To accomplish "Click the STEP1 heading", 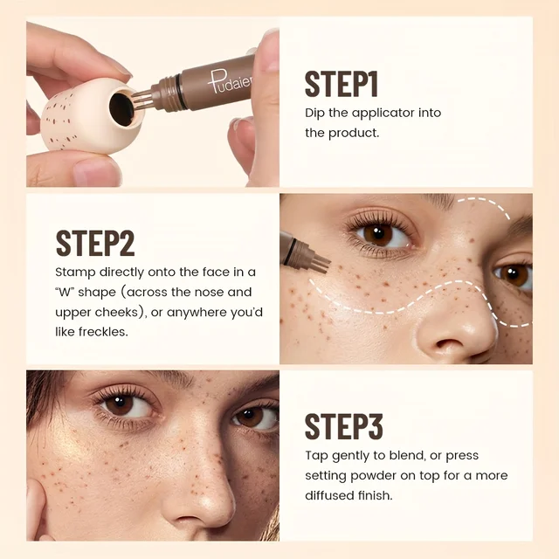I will pos(341,85).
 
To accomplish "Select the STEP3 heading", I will pos(343,427).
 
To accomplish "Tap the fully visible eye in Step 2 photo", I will pos(380,233).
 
